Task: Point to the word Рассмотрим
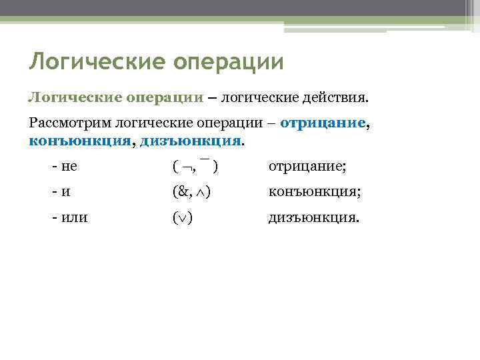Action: point(70,123)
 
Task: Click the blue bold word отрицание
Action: point(323,123)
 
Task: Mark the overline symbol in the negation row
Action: point(205,160)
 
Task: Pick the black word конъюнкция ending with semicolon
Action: point(314,192)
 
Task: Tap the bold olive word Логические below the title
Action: point(74,98)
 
